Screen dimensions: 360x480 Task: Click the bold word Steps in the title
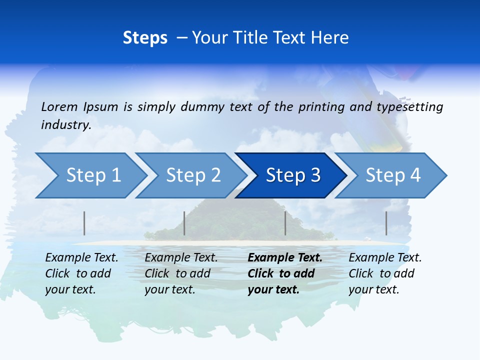[145, 38]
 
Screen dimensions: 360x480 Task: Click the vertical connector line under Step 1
[84, 223]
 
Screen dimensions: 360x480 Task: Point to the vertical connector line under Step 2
[184, 223]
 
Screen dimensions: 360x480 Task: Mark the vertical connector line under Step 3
[285, 223]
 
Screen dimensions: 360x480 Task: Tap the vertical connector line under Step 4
[386, 223]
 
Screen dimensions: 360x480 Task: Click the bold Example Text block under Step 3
[284, 273]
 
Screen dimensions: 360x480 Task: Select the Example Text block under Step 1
[81, 273]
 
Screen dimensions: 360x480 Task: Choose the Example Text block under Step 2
[180, 273]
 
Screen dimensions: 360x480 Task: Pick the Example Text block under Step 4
[384, 273]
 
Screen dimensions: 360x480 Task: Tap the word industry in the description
[65, 125]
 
